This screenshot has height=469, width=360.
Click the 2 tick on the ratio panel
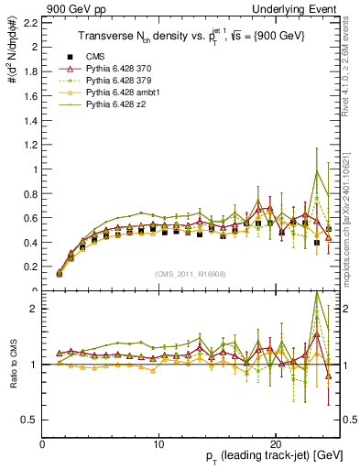33,309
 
